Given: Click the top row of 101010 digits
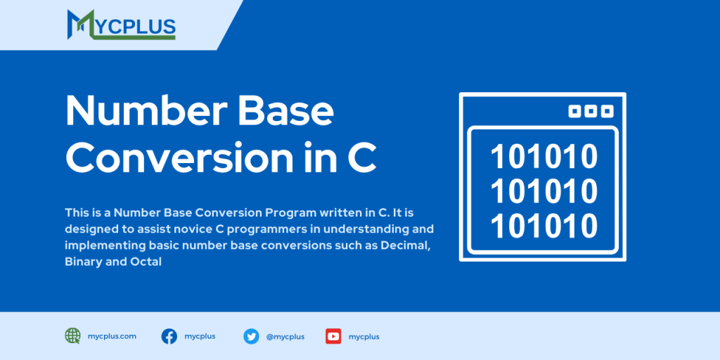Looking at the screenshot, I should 544,157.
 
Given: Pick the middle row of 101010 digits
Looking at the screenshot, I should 544,191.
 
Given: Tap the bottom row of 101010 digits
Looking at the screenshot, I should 544,226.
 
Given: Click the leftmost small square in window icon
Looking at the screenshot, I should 574,111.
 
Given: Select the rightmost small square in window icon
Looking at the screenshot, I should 607,111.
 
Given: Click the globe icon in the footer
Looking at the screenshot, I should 72,336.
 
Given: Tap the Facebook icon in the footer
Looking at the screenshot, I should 169,336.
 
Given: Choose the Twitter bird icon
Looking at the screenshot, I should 251,336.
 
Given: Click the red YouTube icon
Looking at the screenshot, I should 333,336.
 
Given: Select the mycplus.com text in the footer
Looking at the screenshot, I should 112,336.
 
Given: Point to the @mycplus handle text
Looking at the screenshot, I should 285,337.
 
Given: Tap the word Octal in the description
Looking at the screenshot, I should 146,261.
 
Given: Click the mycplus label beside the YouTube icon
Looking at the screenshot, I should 364,337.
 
